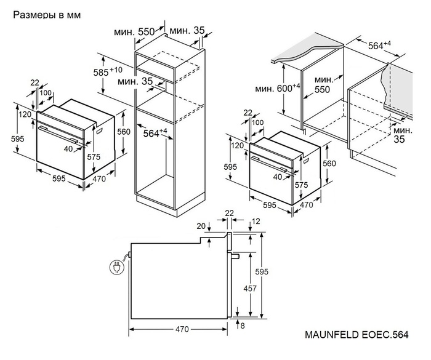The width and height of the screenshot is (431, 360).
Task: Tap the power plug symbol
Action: [115, 266]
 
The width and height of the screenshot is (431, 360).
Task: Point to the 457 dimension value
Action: [244, 287]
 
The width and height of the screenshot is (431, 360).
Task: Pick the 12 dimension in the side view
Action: [256, 222]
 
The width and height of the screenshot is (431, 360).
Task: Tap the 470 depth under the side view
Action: [181, 329]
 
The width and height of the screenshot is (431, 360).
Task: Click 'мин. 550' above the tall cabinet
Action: [137, 31]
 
